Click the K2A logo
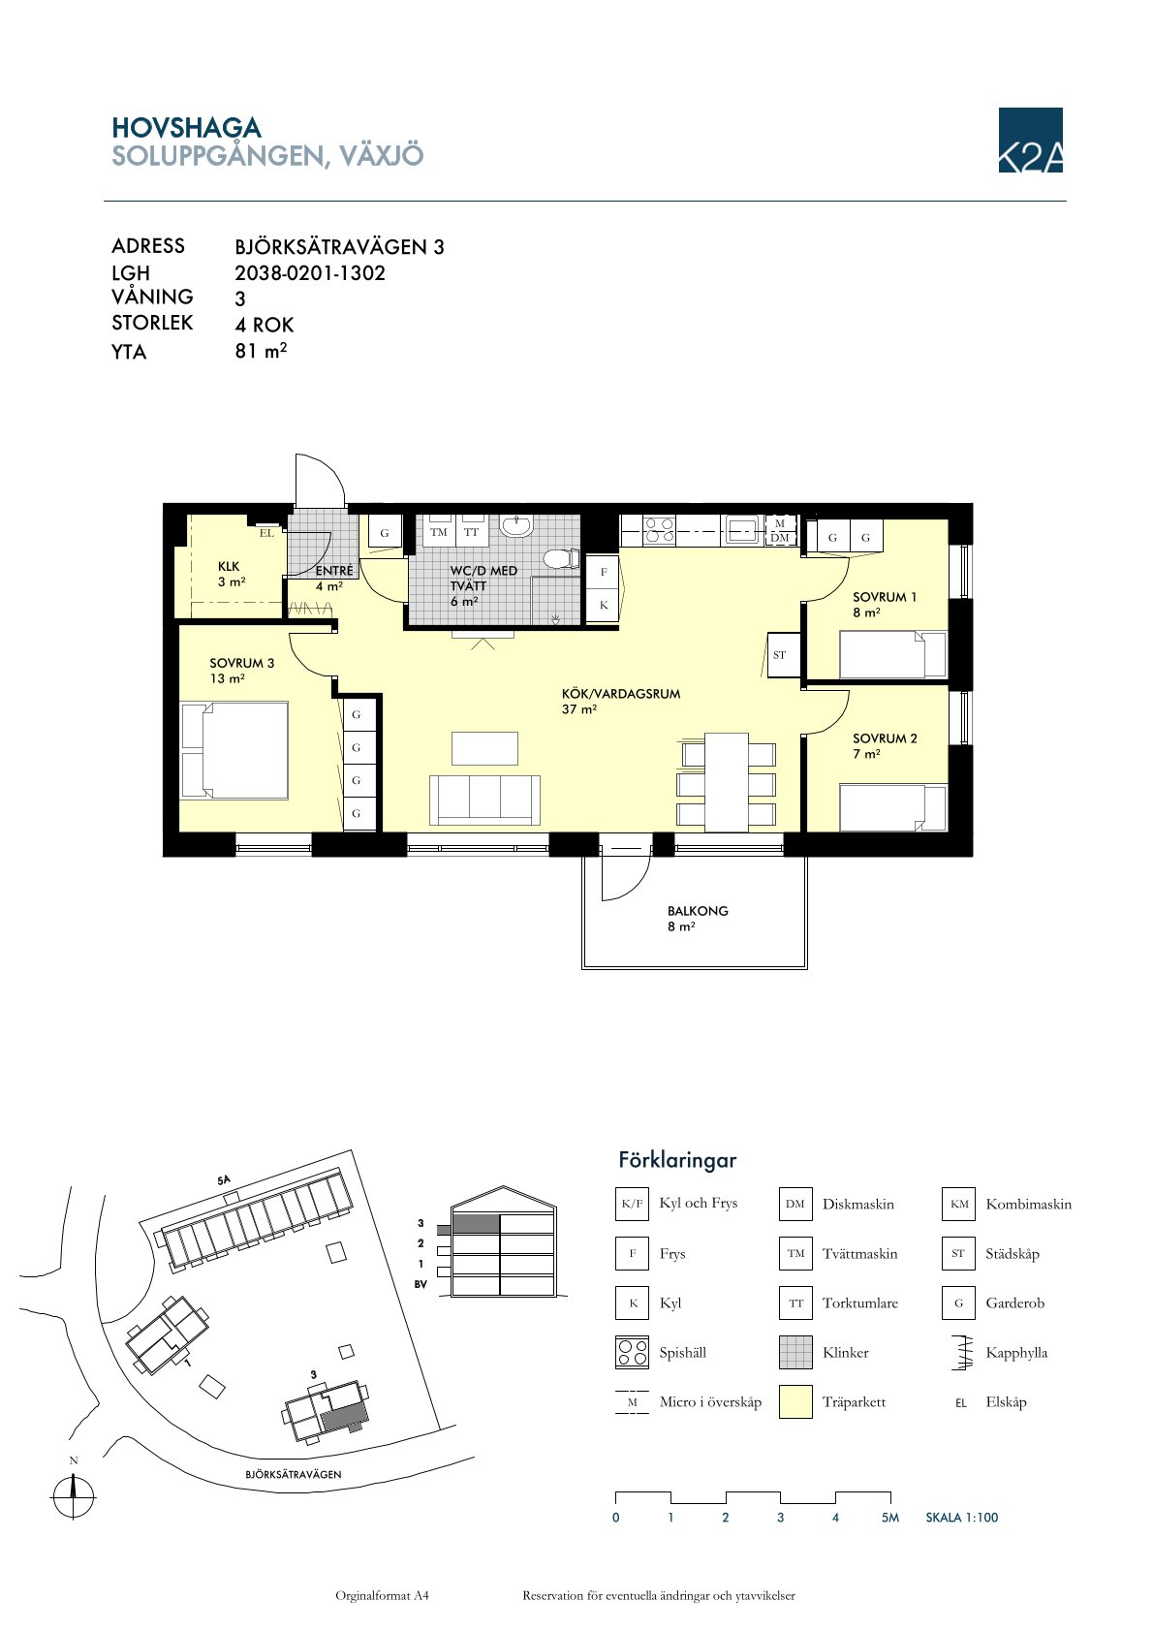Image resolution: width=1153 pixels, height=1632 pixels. coord(1030,140)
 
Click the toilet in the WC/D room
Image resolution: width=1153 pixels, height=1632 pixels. coord(562,559)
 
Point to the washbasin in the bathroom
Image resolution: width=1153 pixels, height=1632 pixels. coord(516,525)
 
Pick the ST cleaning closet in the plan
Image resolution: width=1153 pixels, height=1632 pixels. coord(779,654)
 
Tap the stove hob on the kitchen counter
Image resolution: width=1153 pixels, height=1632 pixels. coord(659,530)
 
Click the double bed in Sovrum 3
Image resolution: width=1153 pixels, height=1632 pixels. coord(234,750)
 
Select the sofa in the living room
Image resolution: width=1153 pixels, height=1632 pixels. coord(485,800)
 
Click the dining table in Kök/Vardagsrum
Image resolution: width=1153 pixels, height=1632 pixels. coord(727,782)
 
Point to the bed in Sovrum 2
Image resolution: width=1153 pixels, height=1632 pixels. coord(893,807)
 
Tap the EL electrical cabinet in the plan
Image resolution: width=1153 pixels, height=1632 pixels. coord(266,533)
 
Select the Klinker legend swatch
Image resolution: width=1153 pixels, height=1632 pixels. coord(795,1353)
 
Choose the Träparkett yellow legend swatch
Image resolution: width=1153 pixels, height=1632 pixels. coord(795,1401)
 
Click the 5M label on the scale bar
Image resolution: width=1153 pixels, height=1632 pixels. coord(890,1517)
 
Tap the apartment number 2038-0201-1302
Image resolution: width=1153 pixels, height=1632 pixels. coord(309,273)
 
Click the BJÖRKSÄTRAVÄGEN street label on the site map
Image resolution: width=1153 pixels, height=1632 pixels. coord(294,1474)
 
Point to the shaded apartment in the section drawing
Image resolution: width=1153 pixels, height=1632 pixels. coord(477,1223)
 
